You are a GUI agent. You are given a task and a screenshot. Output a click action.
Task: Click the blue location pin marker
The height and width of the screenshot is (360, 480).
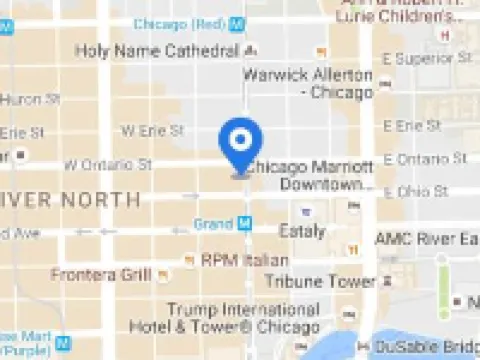tap(240, 146)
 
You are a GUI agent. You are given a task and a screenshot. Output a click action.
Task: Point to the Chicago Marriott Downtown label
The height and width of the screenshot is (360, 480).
tap(312, 175)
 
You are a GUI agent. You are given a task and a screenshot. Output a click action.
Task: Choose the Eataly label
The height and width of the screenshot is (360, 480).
tap(303, 232)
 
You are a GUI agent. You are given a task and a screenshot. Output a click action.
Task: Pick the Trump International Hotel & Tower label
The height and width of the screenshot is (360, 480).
tap(243, 318)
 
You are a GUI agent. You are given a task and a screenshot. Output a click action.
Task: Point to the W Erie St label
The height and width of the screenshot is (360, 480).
tap(153, 131)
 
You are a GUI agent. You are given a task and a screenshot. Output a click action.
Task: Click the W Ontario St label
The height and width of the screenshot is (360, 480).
tap(108, 163)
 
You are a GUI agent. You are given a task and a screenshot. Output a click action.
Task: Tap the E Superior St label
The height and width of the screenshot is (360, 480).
tap(431, 59)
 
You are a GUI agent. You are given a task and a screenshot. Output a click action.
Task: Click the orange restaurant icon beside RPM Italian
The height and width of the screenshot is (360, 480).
tap(189, 260)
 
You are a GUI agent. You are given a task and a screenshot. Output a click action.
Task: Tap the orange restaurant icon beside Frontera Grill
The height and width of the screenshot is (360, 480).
tap(163, 274)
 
